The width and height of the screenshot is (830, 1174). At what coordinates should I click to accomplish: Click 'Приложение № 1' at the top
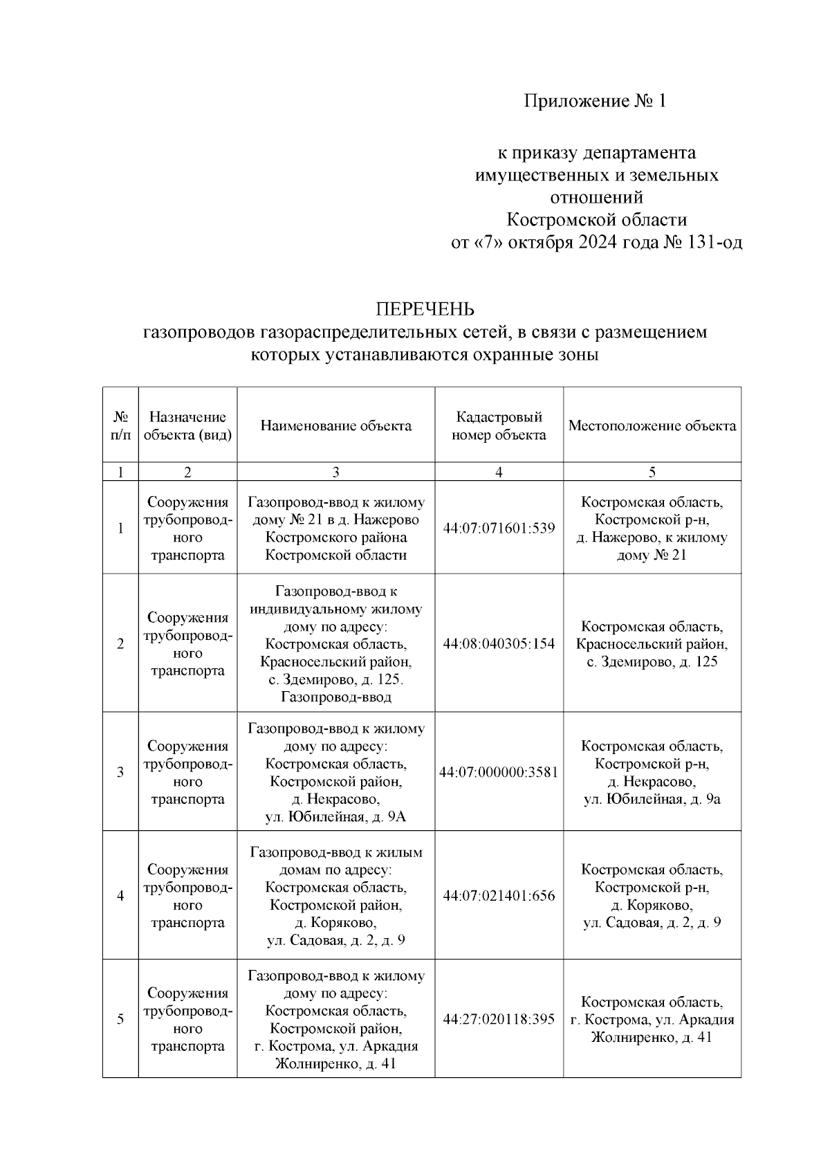pos(596,102)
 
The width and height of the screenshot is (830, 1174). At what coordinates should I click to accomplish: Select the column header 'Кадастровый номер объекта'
pos(499,425)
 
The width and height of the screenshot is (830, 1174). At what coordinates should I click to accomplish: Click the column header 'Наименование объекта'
pos(335,425)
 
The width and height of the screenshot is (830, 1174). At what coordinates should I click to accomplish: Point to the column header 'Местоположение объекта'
pos(652,425)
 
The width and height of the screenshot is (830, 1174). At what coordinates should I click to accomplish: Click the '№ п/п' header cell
pos(120,425)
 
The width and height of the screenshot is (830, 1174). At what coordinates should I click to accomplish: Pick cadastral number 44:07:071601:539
pos(499,528)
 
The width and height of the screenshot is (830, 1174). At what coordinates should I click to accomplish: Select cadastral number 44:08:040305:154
pos(499,643)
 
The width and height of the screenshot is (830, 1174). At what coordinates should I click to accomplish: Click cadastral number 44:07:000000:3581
pos(499,772)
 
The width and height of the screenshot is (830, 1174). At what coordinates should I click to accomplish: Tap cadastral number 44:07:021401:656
pos(499,896)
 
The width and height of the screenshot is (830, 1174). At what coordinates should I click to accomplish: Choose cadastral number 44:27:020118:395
pos(499,1019)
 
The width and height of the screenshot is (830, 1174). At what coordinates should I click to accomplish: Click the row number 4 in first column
pos(120,896)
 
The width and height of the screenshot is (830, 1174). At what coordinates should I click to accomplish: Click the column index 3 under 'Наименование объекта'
pos(335,472)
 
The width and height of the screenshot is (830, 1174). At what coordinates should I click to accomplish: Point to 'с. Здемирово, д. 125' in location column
pos(652,661)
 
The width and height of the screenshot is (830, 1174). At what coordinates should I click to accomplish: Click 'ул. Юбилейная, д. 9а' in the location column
pos(652,799)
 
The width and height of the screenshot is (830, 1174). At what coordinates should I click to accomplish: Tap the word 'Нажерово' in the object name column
pos(389,520)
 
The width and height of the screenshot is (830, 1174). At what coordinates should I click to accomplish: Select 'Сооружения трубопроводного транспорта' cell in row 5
pos(187,1019)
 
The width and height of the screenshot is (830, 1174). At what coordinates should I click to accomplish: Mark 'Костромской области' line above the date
pos(596,220)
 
